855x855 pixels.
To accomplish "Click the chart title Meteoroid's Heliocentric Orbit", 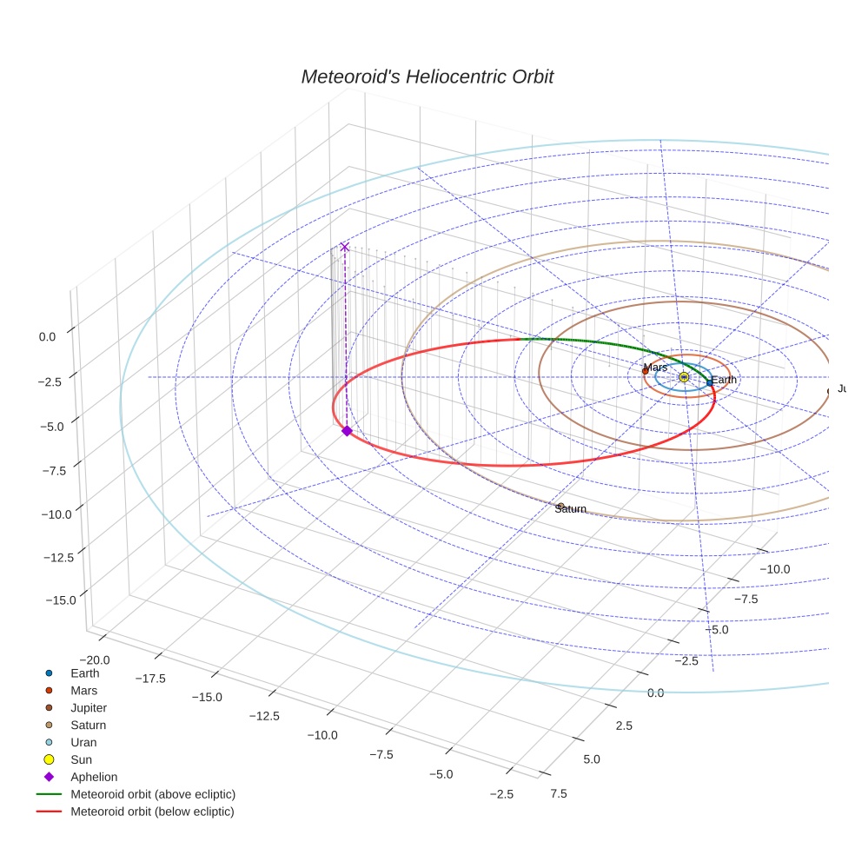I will point(427,76).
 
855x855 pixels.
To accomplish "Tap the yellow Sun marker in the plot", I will point(684,377).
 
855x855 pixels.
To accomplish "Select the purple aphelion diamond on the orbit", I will point(347,431).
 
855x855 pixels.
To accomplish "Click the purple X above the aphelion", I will point(344,247).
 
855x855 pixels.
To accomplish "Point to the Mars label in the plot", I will point(655,368).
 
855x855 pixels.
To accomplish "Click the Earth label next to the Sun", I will point(724,380).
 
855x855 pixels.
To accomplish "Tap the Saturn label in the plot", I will point(570,509).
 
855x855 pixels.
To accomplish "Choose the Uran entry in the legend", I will point(83,742).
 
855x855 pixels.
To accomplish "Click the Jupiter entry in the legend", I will point(88,707).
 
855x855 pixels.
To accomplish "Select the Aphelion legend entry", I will point(93,777).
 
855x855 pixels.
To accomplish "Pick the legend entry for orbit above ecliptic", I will point(152,794).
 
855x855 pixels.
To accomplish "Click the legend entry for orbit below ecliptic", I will point(152,812).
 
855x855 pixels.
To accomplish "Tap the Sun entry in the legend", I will point(81,759).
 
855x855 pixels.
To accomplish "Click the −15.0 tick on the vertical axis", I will point(60,600).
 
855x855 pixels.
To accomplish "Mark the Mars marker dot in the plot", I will point(645,371).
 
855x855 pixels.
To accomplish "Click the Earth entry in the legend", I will point(84,673).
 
